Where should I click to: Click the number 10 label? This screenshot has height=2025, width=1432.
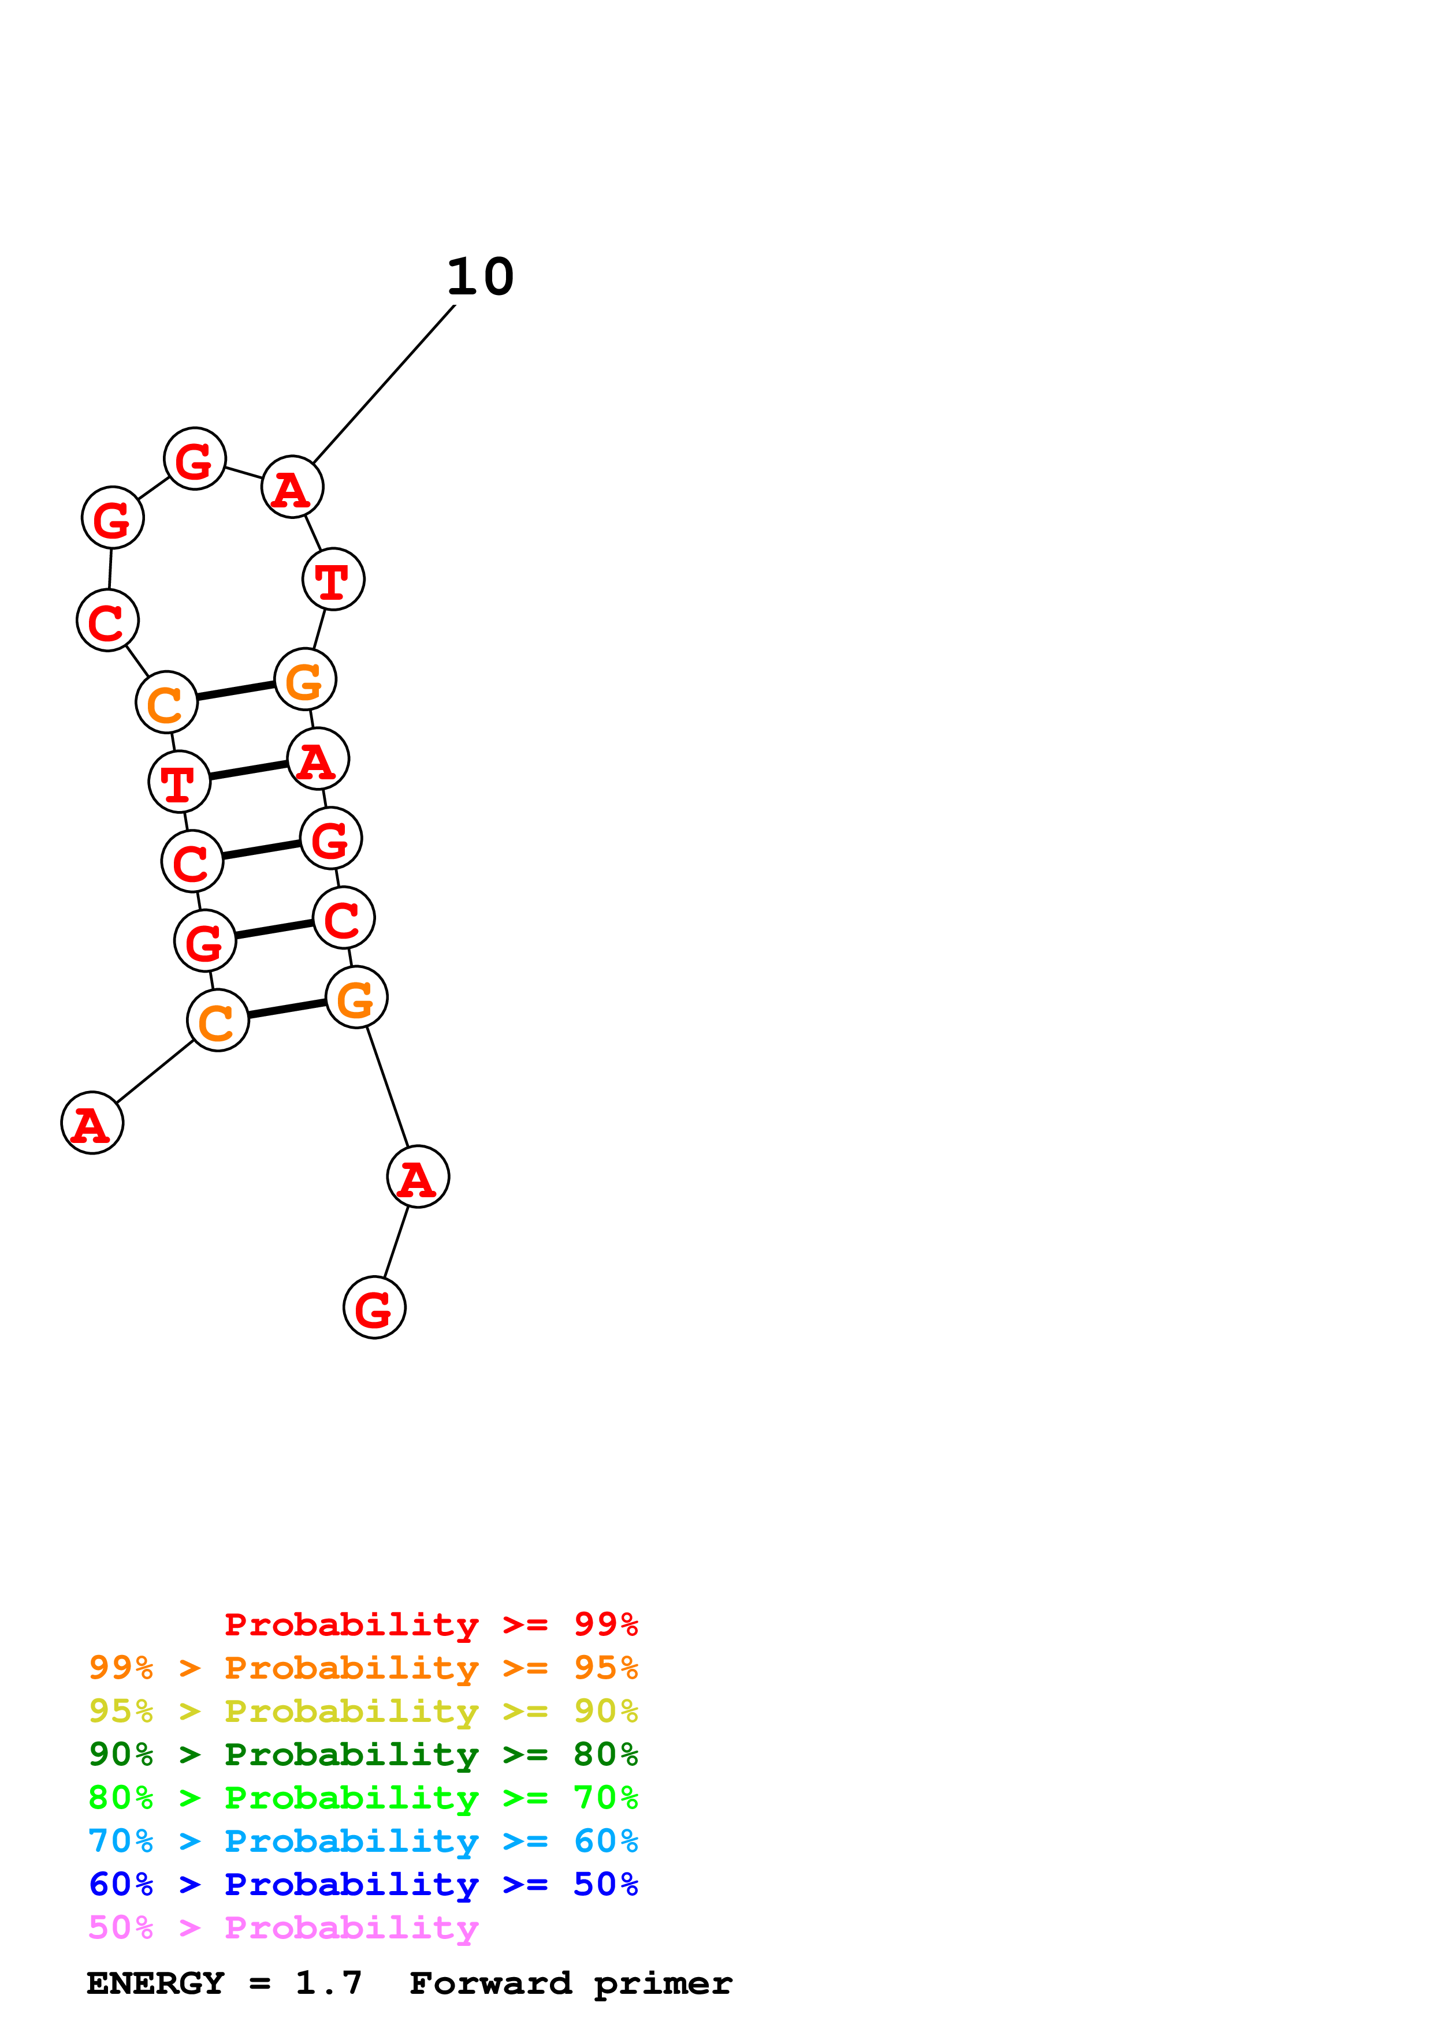pos(480,277)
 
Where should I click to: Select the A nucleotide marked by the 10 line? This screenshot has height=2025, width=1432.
pos(293,487)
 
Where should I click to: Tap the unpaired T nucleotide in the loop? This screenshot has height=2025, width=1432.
pos(333,580)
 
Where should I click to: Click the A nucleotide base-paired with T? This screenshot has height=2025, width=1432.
pos(318,760)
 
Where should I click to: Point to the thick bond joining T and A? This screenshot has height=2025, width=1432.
pos(249,770)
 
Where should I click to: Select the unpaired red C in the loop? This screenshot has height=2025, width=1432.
pos(107,621)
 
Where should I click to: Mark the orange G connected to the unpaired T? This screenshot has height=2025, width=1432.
pos(305,680)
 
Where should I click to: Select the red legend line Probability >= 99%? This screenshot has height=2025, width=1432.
pos(430,1624)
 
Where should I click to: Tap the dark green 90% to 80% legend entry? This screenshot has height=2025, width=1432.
pos(363,1754)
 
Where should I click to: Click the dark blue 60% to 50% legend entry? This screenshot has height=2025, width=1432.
pos(363,1884)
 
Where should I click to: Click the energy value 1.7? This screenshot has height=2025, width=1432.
pos(328,1983)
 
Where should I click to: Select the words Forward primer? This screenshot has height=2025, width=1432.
pos(571,1983)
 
